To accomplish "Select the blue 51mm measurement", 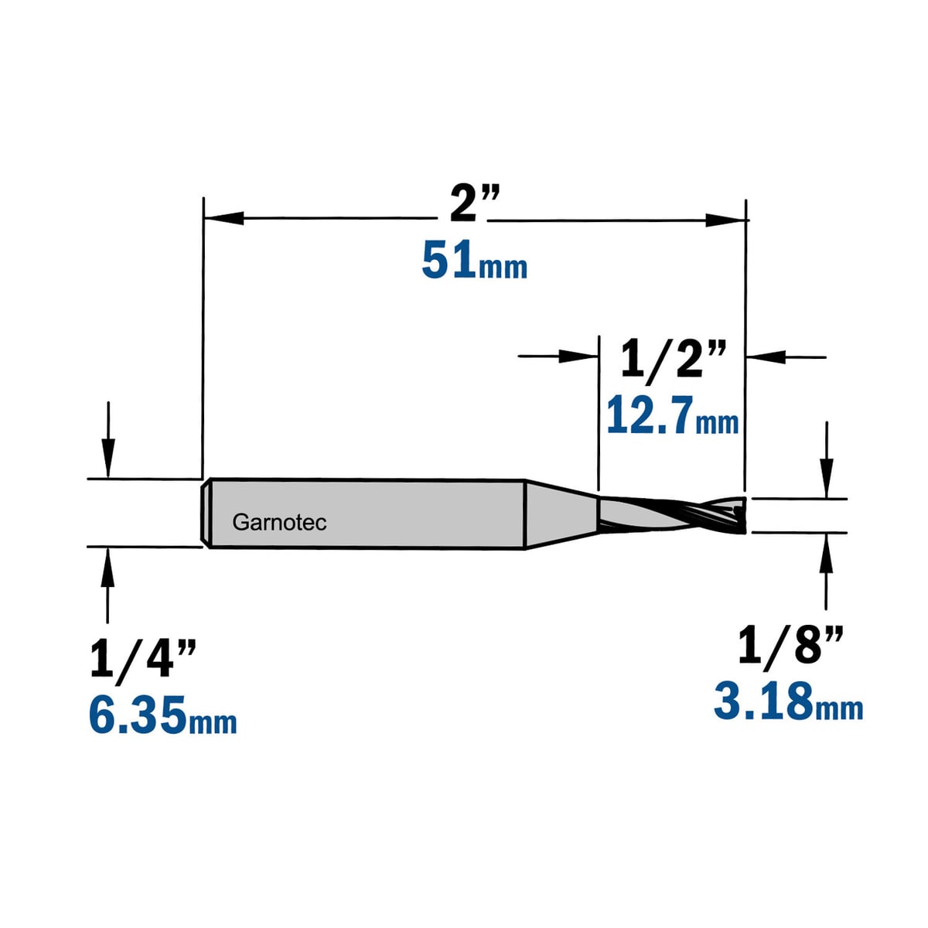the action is click(x=474, y=262).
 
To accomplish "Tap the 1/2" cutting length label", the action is click(x=673, y=360).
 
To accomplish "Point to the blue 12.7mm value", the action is click(x=672, y=416).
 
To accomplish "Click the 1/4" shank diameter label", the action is click(x=144, y=660).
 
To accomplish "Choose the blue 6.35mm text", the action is click(x=162, y=715).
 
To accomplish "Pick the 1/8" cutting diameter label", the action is click(x=791, y=646).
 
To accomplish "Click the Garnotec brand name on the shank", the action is click(x=279, y=523).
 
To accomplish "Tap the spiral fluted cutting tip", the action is click(x=672, y=515).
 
